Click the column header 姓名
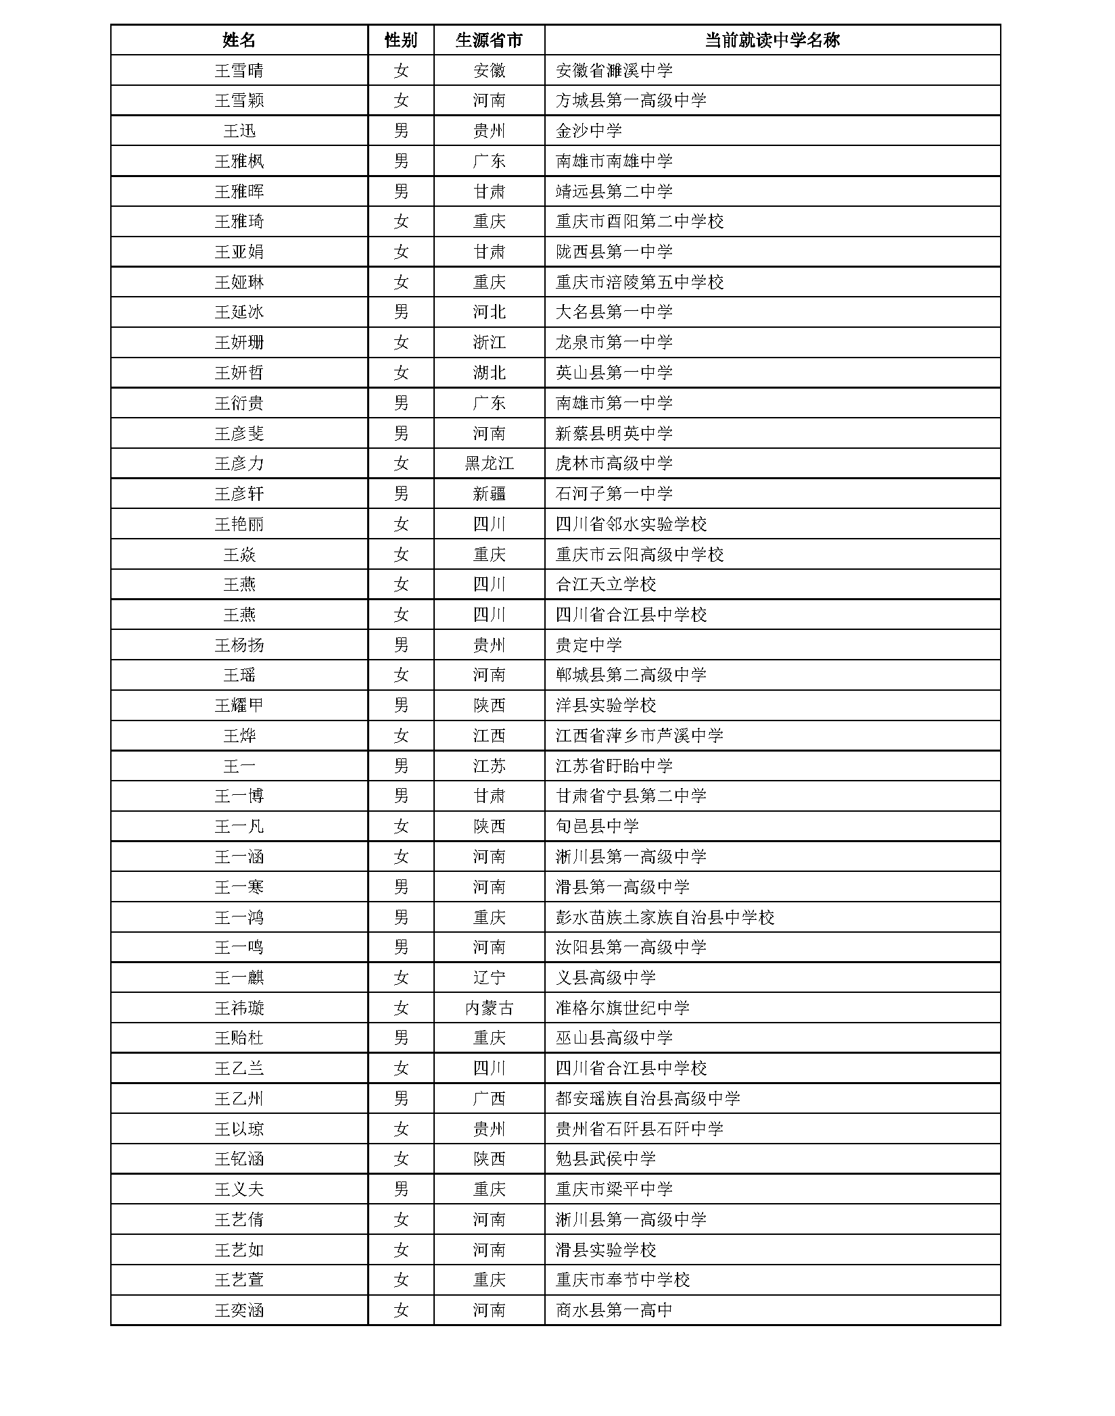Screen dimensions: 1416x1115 [239, 40]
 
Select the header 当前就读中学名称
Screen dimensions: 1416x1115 [772, 40]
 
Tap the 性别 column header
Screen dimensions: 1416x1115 [401, 40]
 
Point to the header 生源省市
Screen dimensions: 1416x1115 [489, 40]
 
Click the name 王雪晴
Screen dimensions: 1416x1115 [239, 70]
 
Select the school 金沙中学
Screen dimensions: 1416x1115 [588, 130]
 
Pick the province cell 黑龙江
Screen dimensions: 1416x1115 [489, 464]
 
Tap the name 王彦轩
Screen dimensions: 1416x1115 [239, 494]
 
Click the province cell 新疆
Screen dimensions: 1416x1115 [489, 494]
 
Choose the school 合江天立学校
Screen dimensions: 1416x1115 [605, 585]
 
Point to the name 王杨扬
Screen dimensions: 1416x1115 [239, 645]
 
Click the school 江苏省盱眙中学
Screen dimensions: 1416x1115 [614, 766]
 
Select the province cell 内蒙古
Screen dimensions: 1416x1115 [489, 1008]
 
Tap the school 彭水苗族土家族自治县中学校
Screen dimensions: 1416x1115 [665, 917]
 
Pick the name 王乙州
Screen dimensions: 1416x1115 [239, 1099]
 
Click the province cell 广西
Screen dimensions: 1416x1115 [489, 1099]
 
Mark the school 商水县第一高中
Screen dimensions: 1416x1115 [614, 1311]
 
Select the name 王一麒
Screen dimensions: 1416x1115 [239, 978]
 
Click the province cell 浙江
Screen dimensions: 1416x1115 [489, 343]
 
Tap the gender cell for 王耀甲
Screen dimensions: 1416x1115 [401, 706]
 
